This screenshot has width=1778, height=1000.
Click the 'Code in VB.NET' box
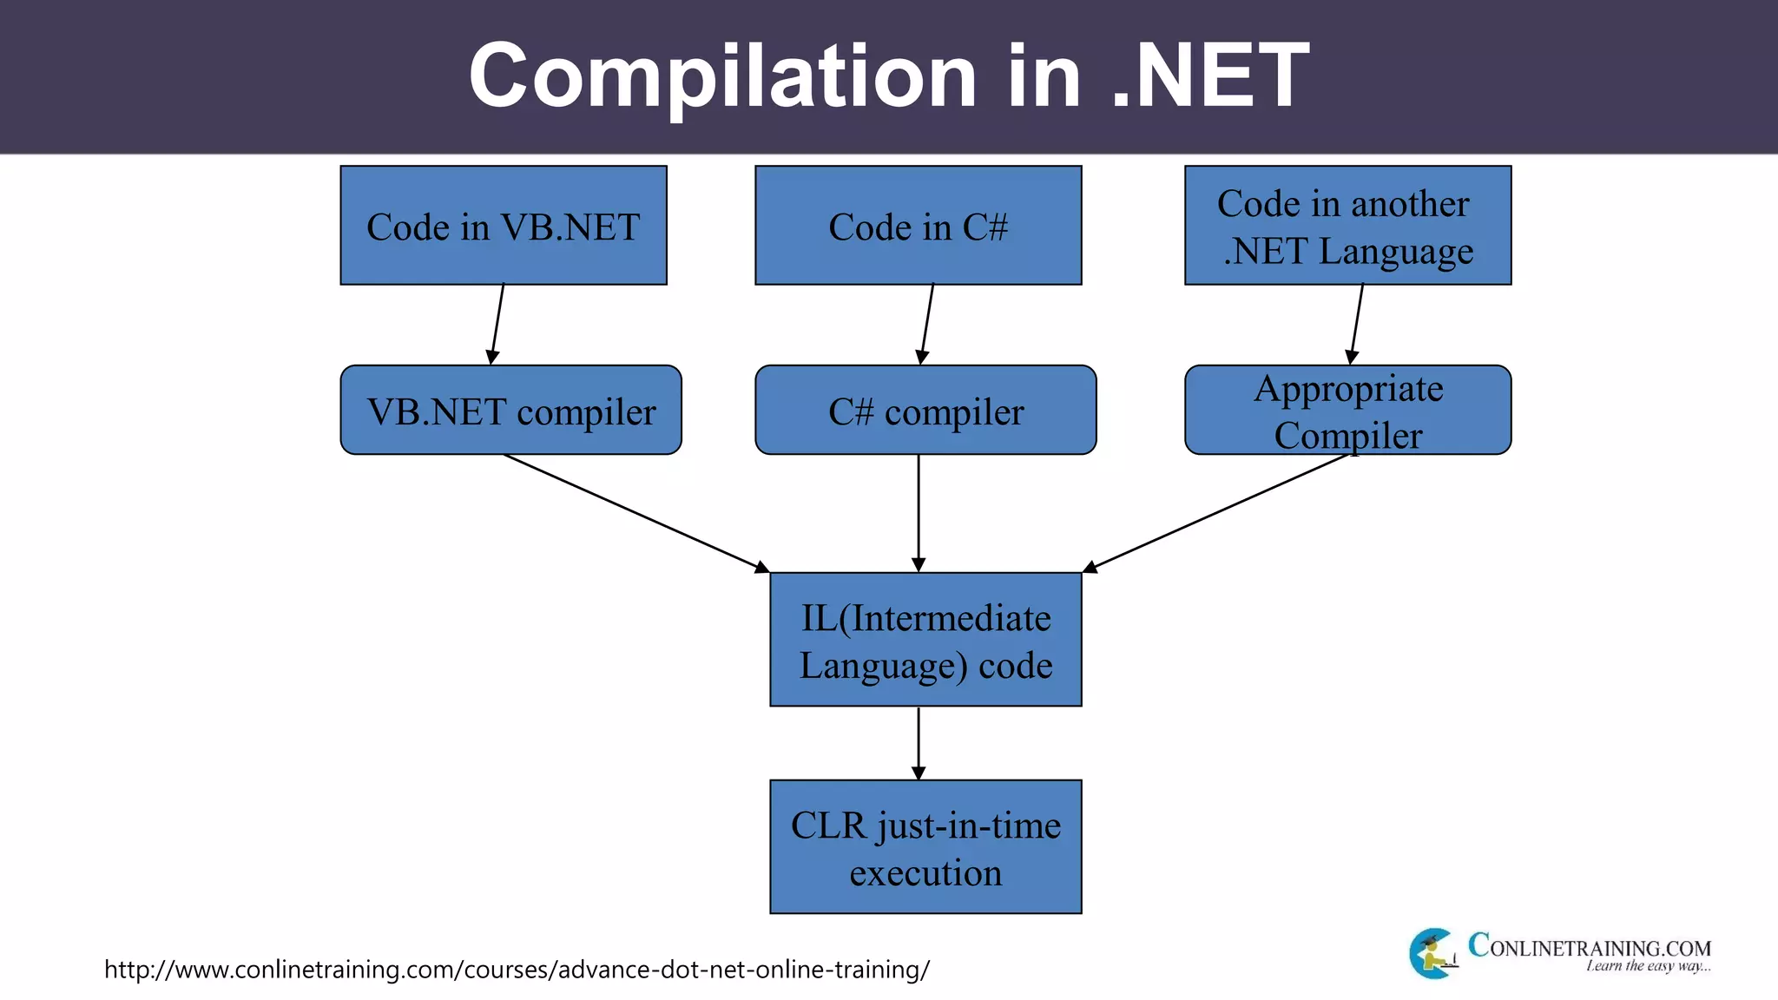click(x=504, y=226)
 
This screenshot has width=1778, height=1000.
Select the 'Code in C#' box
click(x=918, y=226)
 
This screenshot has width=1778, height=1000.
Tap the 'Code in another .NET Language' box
click(x=1347, y=226)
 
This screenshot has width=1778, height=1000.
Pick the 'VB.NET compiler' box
click(x=510, y=410)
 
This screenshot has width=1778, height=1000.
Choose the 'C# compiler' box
click(x=925, y=410)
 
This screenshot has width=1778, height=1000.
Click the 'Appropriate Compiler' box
click(x=1347, y=410)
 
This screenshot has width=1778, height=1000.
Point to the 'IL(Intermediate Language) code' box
click(x=925, y=640)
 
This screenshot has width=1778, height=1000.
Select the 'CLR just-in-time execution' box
click(x=925, y=847)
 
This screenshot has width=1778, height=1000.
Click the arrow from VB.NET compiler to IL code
click(x=634, y=512)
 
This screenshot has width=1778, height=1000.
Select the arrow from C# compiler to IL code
click(x=919, y=512)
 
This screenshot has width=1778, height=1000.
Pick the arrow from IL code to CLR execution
click(x=919, y=743)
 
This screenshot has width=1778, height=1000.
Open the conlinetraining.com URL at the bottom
click(x=517, y=969)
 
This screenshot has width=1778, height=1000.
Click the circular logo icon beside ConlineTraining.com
click(x=1432, y=953)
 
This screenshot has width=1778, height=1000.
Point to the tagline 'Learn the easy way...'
click(x=1648, y=966)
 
